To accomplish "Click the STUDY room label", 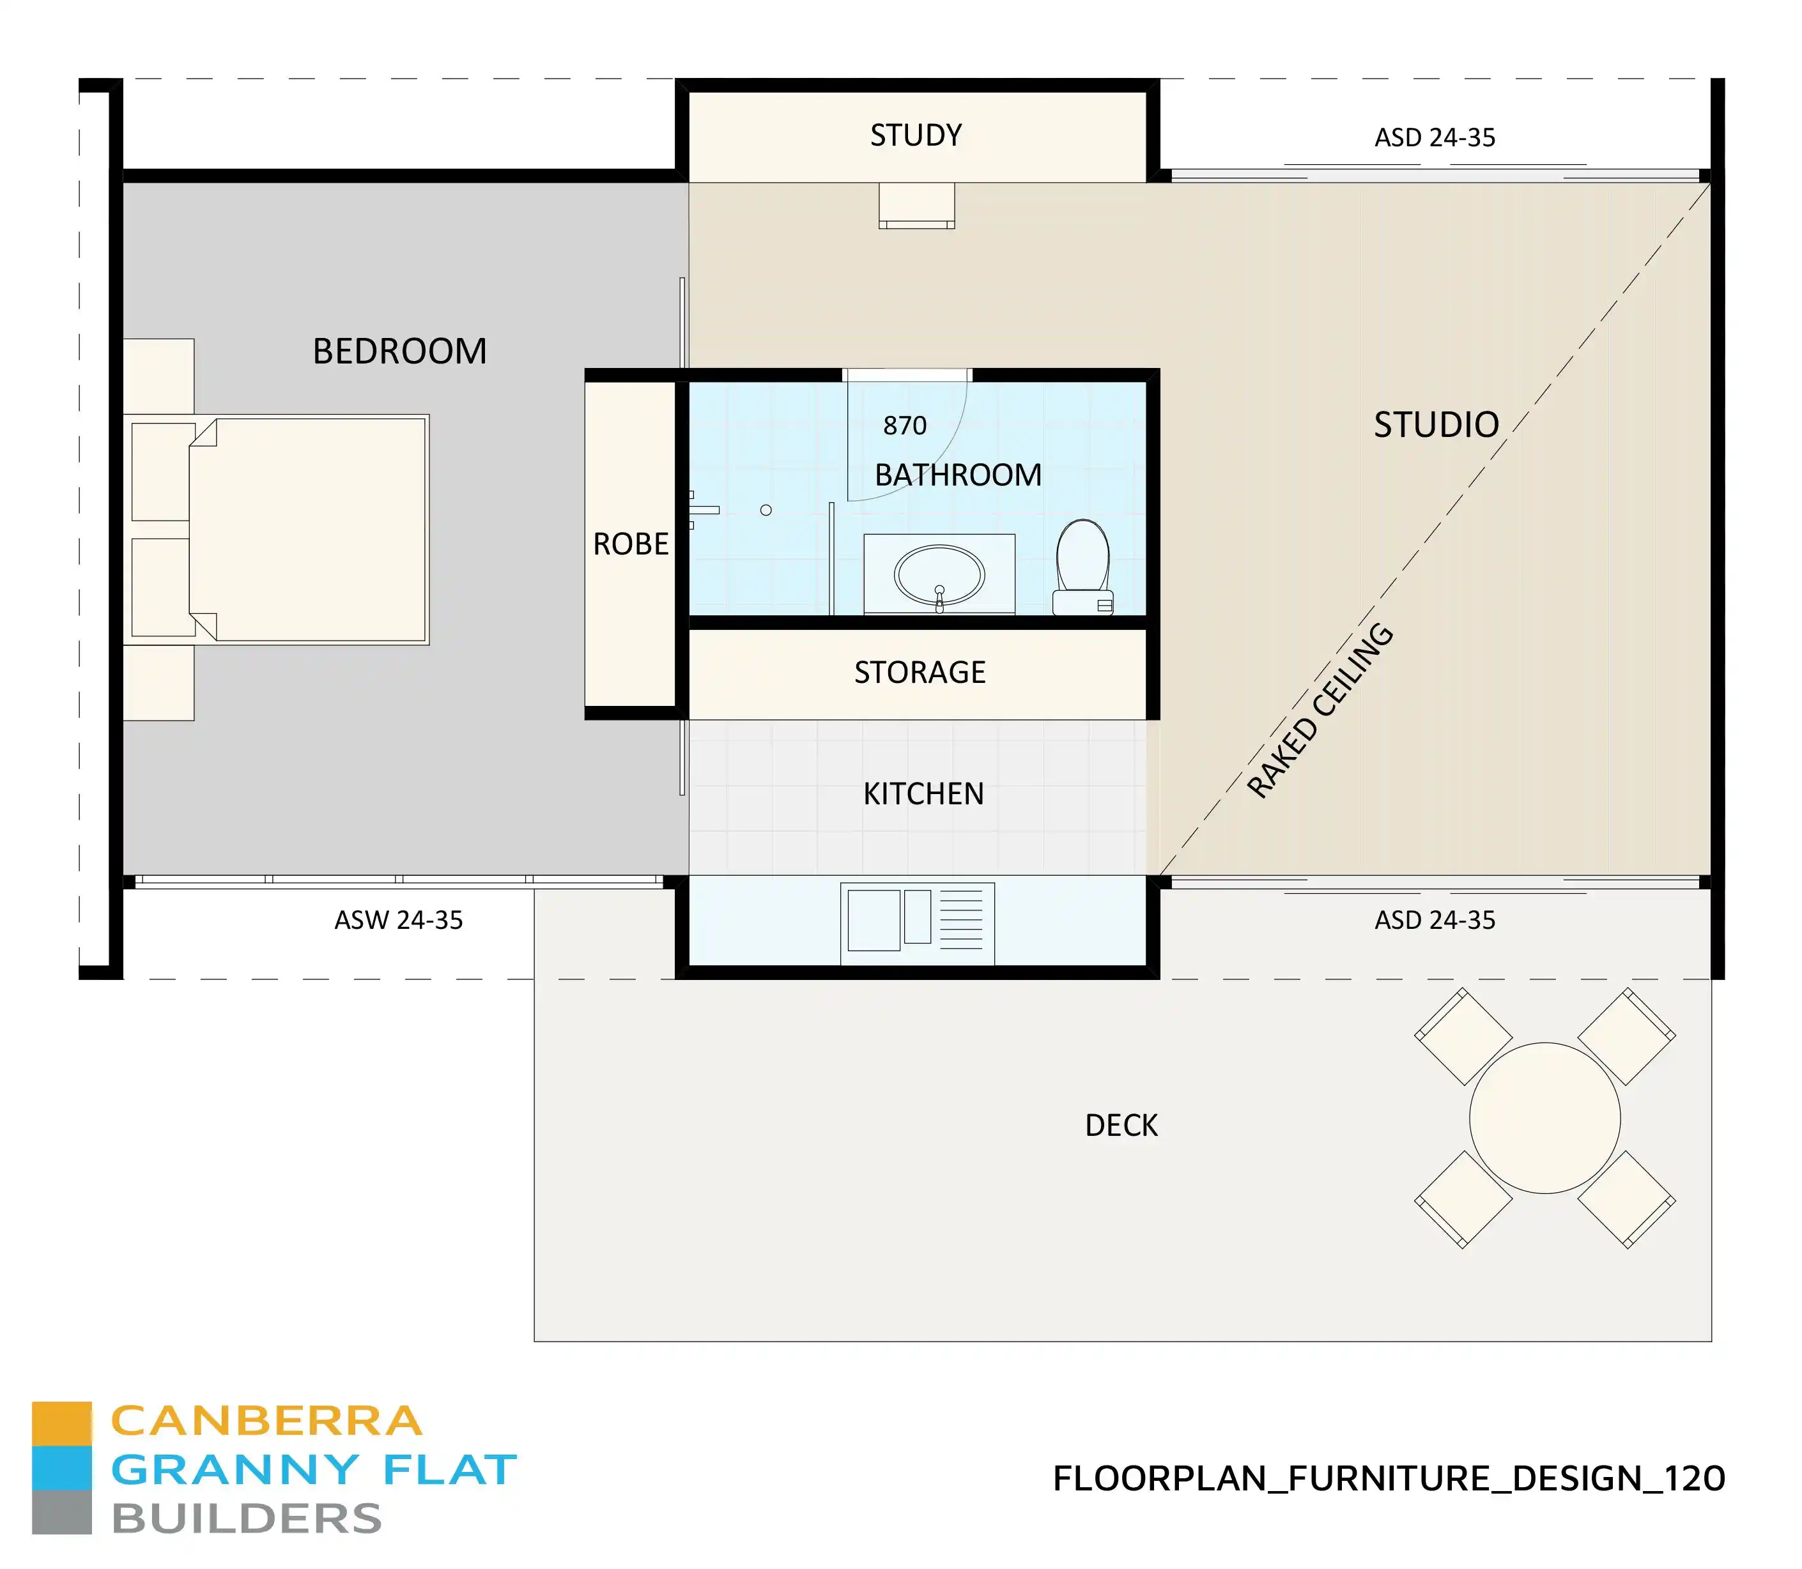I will pos(915,135).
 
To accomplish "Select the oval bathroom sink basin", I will pos(939,575).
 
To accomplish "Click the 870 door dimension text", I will pos(904,425).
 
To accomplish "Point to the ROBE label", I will pos(631,544).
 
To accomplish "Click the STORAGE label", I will pos(920,673).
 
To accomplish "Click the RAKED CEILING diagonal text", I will pos(1320,711).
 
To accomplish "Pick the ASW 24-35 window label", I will pos(398,920).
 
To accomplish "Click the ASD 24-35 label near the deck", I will pos(1434,920).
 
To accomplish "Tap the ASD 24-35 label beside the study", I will pos(1434,137).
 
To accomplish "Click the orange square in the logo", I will pos(61,1423).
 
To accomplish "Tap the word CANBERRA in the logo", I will pos(266,1422).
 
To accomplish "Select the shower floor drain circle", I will pos(766,510).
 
